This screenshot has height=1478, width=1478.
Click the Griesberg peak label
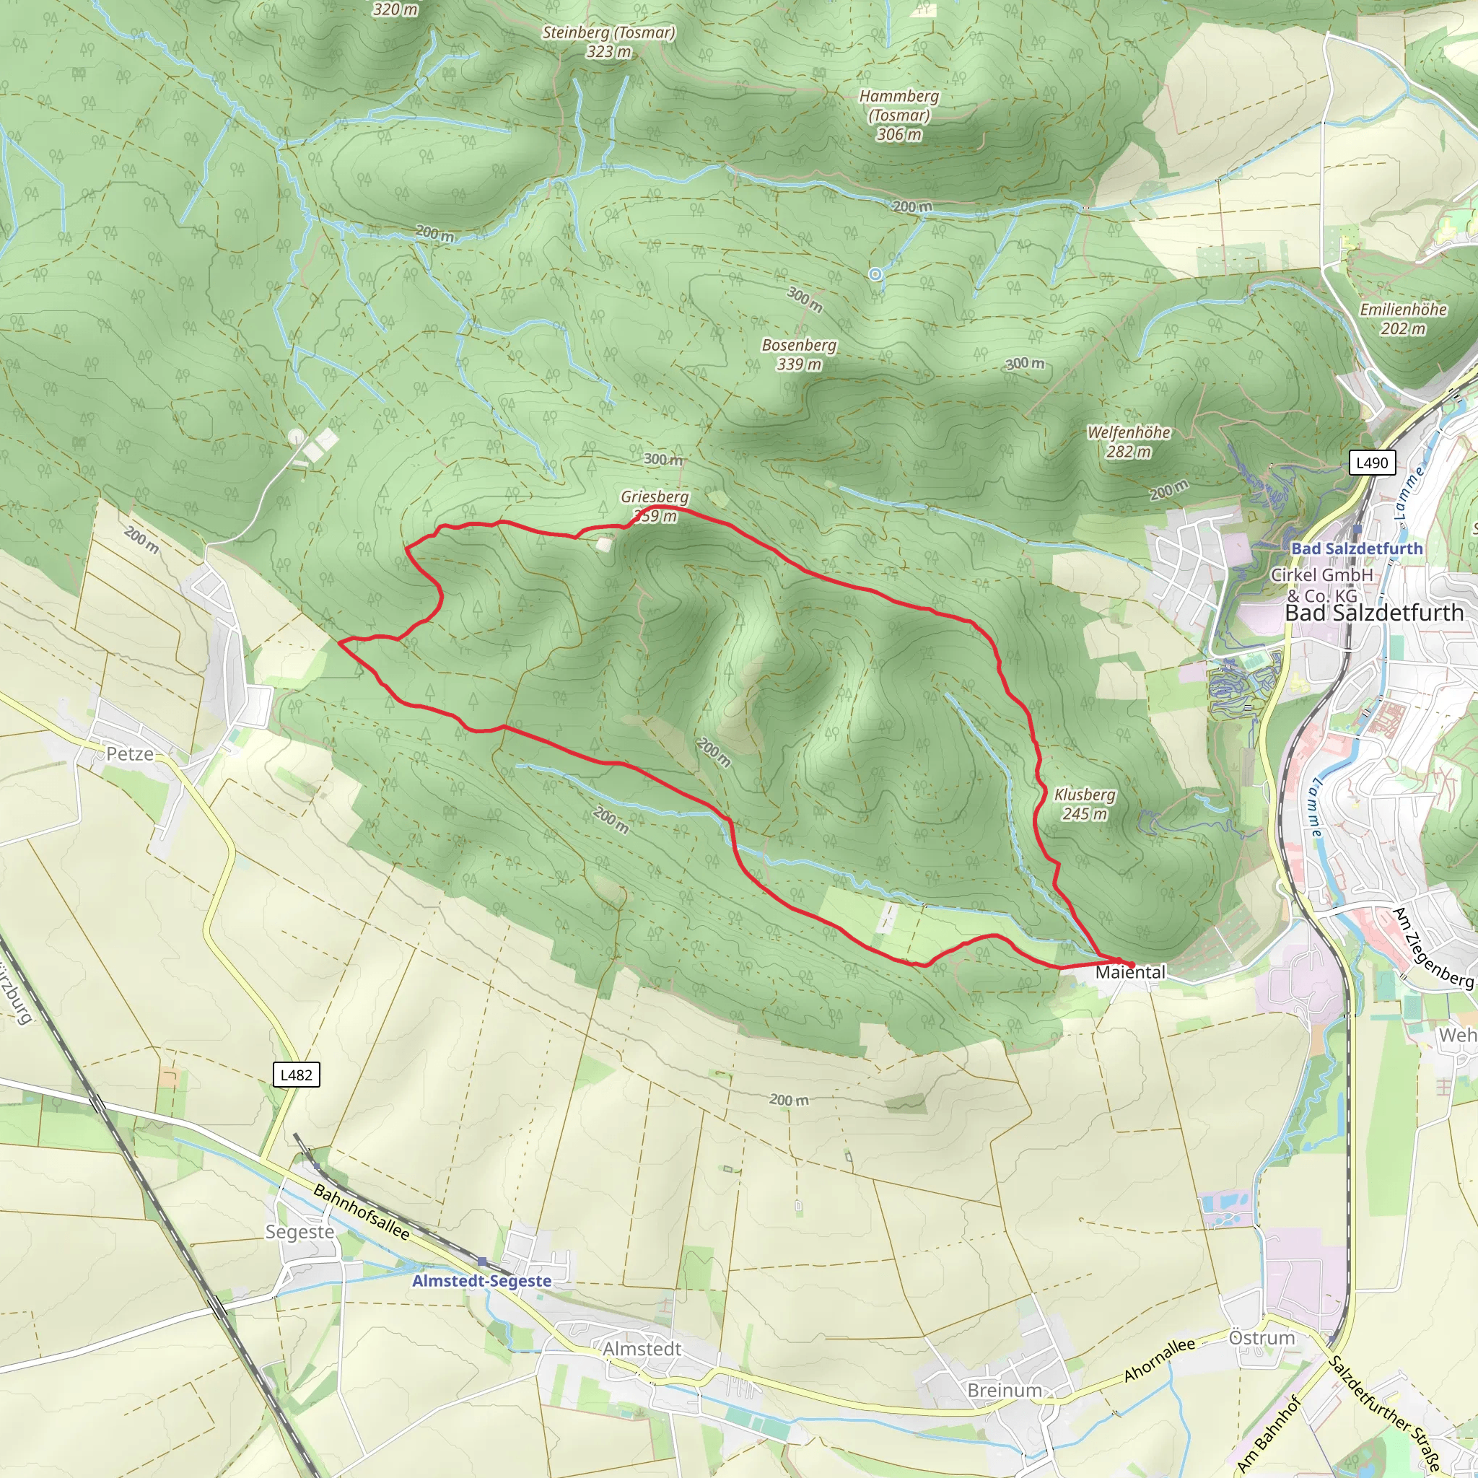click(654, 497)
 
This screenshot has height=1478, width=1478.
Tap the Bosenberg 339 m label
click(799, 354)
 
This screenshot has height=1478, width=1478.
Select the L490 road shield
click(1372, 462)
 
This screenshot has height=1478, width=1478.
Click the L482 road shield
click(296, 1075)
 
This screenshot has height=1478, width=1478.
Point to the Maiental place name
click(1130, 972)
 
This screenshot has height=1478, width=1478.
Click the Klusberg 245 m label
click(1084, 803)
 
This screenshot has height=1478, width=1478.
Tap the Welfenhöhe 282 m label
click(1129, 442)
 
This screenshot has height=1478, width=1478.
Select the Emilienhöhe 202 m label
click(1402, 319)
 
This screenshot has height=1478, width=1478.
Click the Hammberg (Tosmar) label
click(899, 115)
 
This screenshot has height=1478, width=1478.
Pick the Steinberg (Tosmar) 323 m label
click(608, 41)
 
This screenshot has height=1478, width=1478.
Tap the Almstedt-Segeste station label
click(481, 1281)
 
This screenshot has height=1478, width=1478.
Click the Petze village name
click(129, 753)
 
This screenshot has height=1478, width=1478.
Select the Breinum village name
click(1004, 1390)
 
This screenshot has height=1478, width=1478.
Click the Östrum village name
click(1261, 1338)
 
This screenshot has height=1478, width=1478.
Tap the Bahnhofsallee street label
click(361, 1212)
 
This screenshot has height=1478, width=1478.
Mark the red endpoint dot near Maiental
click(1131, 963)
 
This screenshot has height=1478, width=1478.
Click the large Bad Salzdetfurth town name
click(1374, 613)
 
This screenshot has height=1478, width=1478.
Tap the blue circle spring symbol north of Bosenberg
click(875, 274)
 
